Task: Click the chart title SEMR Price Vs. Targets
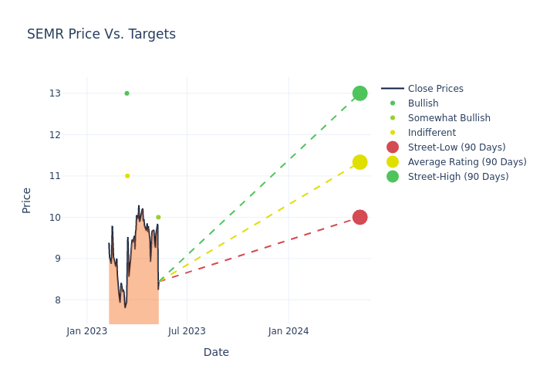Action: pos(101,34)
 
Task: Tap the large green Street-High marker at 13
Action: pos(359,93)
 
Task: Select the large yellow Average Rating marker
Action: pos(359,162)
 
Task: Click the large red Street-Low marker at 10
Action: pos(359,217)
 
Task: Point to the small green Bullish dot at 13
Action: pos(127,93)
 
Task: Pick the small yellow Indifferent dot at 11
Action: pos(127,176)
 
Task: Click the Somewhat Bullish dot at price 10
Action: pos(158,217)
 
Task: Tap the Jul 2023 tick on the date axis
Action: pos(187,331)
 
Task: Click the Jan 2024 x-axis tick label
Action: pos(289,331)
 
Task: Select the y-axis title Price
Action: pos(27,200)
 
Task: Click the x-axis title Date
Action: pos(216,352)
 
